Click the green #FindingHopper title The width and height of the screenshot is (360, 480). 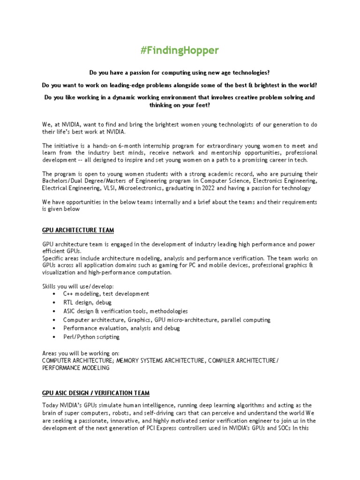pos(180,51)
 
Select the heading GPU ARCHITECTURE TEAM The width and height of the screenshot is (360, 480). pos(78,230)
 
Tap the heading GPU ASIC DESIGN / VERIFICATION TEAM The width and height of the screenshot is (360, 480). pos(96,392)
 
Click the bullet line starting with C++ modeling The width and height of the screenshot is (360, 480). pos(106,293)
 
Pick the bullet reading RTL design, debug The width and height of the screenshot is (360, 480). pos(87,302)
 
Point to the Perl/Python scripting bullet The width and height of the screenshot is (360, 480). pos(91,337)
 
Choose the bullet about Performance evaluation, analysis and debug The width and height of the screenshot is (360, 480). pos(121,328)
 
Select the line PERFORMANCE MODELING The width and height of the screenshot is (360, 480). pos(75,368)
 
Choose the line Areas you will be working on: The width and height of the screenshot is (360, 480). pos(81,353)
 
